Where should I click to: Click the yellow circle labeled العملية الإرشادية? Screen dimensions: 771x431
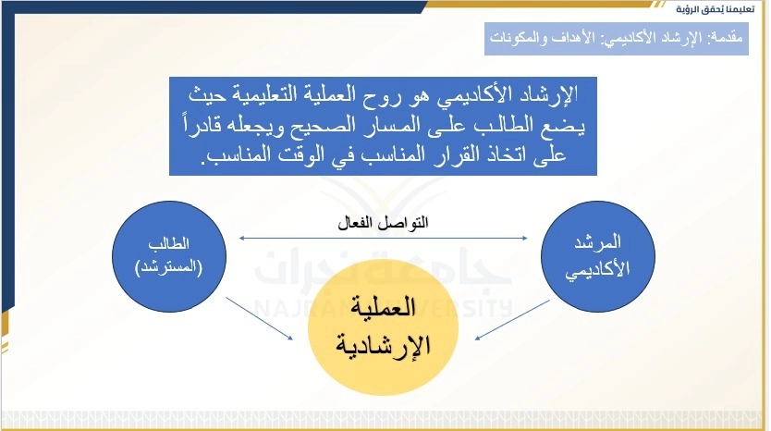pos(383,327)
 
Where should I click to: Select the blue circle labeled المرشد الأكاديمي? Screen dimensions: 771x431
pos(598,256)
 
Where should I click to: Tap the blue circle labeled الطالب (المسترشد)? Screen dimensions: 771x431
pos(169,256)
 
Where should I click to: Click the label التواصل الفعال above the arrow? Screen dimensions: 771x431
pos(383,223)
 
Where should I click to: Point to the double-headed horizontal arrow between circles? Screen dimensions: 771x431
pos(383,238)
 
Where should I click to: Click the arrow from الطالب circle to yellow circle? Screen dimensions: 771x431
pos(260,318)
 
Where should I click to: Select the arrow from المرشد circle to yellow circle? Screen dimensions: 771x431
pos(512,320)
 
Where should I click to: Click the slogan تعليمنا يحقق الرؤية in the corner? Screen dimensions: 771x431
pos(715,9)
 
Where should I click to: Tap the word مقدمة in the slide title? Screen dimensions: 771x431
pos(727,38)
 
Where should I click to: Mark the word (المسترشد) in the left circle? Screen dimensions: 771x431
pos(168,268)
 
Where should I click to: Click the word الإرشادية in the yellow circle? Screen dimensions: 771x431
pos(383,345)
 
